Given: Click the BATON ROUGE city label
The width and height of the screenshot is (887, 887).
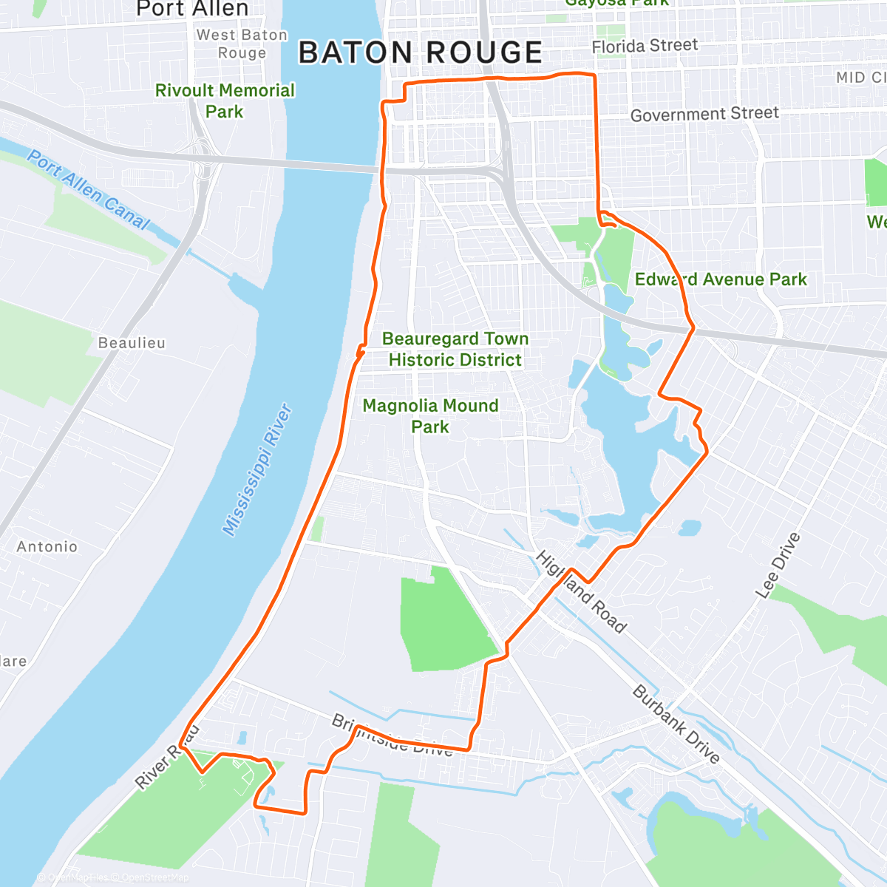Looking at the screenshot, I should pyautogui.click(x=421, y=53).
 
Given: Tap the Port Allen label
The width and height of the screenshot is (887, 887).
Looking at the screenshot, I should pyautogui.click(x=192, y=9).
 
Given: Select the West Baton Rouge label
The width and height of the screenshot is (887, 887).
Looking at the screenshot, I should pyautogui.click(x=242, y=44).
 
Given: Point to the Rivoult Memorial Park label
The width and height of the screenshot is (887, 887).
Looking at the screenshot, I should pyautogui.click(x=225, y=101).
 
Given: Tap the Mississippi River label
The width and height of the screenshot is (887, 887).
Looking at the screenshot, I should pyautogui.click(x=258, y=469).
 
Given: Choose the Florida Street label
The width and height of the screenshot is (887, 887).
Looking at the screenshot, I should pyautogui.click(x=645, y=46).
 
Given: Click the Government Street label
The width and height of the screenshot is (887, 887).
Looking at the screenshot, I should pyautogui.click(x=704, y=114).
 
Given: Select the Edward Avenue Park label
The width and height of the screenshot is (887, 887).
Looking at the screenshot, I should pyautogui.click(x=721, y=279).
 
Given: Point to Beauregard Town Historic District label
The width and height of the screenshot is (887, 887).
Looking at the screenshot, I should pyautogui.click(x=455, y=349).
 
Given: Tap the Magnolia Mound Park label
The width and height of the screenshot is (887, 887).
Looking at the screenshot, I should pyautogui.click(x=430, y=415).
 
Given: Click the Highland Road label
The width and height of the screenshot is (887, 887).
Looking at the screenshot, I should pyautogui.click(x=581, y=591).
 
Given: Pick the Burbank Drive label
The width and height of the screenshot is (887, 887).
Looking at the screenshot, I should pyautogui.click(x=676, y=724).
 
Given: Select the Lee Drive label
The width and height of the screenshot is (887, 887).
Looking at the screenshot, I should pyautogui.click(x=778, y=565).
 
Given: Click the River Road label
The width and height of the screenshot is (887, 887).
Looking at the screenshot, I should pyautogui.click(x=167, y=756).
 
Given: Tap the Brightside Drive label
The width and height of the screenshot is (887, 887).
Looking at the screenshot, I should pyautogui.click(x=392, y=735).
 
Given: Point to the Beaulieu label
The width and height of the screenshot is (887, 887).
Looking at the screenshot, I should pyautogui.click(x=132, y=343).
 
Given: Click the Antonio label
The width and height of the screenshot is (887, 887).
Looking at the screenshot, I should pyautogui.click(x=47, y=546).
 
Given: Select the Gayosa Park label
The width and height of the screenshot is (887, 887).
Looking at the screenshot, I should pyautogui.click(x=616, y=3).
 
